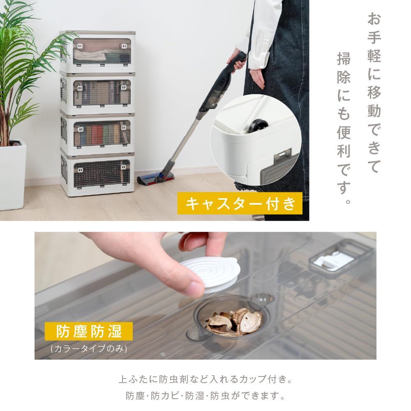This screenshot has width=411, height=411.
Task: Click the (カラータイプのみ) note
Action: [89, 349]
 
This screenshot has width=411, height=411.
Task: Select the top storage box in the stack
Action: [97, 51]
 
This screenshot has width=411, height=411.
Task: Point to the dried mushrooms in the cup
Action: [234, 321]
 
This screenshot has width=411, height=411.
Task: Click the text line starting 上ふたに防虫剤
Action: [205, 379]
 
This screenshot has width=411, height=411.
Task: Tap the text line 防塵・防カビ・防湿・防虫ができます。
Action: [205, 397]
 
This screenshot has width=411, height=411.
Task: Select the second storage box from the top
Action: [97, 92]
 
